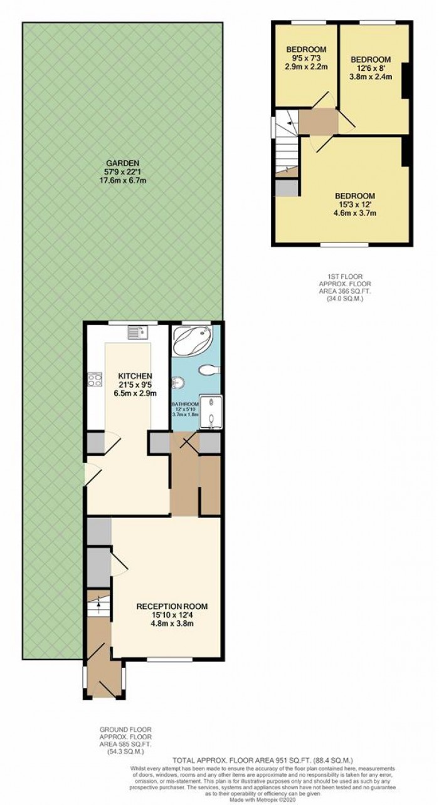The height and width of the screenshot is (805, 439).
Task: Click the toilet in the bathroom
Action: [x=208, y=371]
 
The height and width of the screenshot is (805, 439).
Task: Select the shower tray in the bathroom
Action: [x=210, y=411]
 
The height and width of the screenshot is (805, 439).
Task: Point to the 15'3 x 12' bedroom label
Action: [x=354, y=195]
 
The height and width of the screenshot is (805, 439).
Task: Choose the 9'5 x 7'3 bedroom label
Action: [x=306, y=49]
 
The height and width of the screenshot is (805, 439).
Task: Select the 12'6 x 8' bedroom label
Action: [x=370, y=60]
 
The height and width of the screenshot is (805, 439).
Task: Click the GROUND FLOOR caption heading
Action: [x=125, y=730]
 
